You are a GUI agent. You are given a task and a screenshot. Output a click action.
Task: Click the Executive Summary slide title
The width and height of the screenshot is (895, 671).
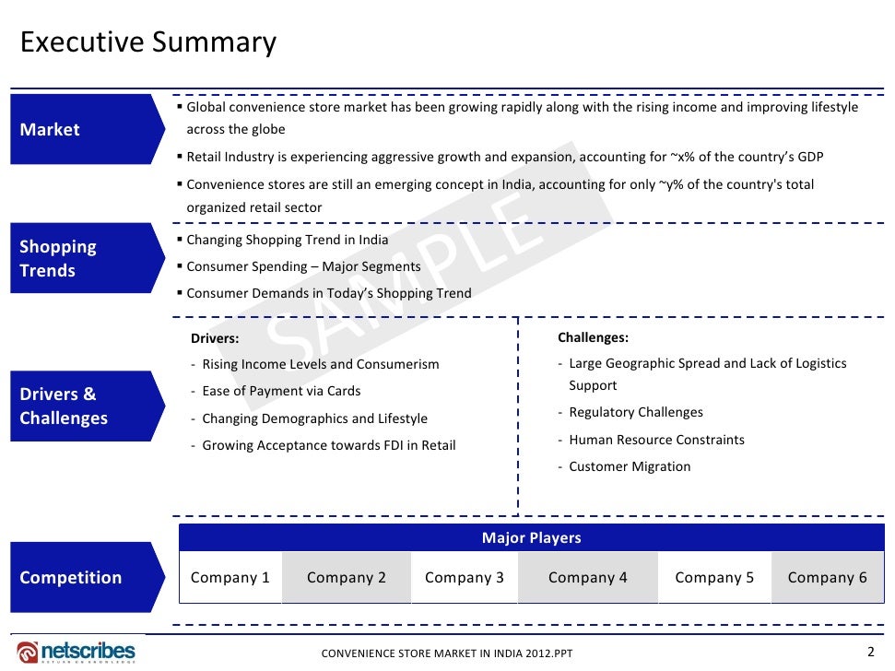click(148, 42)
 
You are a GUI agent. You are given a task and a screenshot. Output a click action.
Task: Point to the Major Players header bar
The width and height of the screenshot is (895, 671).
click(531, 537)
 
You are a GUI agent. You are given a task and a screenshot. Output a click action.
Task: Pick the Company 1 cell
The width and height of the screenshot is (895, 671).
click(230, 578)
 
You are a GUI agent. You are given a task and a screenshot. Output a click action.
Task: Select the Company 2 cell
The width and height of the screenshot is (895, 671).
click(346, 578)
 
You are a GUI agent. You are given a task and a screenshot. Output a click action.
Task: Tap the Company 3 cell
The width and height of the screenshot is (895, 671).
click(464, 578)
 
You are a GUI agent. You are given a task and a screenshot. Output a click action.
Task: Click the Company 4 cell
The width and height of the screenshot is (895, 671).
click(587, 578)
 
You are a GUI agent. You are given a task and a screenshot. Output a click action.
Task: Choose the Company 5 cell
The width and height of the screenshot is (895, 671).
click(713, 578)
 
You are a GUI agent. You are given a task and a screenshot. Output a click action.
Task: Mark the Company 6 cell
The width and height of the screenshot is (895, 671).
click(827, 578)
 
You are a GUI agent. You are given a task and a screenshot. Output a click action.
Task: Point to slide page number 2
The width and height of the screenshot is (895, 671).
click(871, 652)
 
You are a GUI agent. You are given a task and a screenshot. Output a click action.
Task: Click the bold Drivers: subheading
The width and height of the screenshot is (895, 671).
click(214, 337)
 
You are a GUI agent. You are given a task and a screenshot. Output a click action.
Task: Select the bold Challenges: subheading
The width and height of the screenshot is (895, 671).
click(593, 337)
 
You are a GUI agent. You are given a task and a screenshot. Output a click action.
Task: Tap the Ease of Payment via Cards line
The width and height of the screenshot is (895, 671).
click(281, 391)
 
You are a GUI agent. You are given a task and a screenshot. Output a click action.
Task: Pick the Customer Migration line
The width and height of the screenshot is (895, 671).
click(630, 466)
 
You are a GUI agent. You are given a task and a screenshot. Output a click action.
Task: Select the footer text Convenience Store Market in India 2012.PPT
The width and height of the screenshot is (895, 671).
click(446, 653)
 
